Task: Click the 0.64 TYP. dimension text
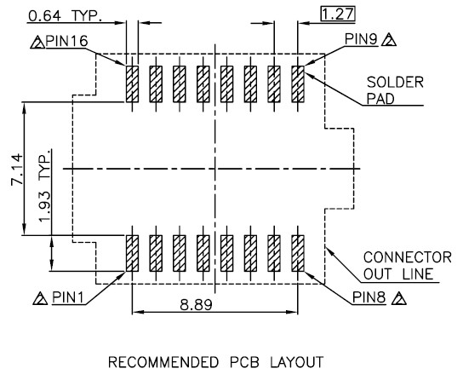tap(65, 16)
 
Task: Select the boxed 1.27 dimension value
tap(338, 14)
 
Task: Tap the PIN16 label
tap(66, 41)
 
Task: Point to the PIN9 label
tap(361, 39)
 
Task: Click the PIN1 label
tap(68, 297)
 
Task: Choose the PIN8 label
tap(369, 297)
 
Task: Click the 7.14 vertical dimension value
tap(16, 169)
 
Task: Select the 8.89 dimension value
tap(196, 305)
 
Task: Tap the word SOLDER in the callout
tap(395, 82)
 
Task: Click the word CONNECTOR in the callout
tap(408, 257)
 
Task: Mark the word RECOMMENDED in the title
tap(163, 362)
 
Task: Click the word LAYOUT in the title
tap(297, 362)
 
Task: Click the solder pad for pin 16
tap(132, 84)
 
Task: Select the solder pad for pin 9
tap(298, 84)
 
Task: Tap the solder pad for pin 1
tap(132, 253)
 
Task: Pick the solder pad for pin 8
tap(298, 253)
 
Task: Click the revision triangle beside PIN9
tap(389, 41)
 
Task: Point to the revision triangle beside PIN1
tap(41, 299)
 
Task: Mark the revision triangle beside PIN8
tap(399, 299)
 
